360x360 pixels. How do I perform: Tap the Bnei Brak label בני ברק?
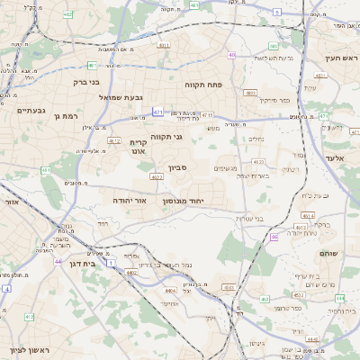87,81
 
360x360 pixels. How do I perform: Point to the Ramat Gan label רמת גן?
67,116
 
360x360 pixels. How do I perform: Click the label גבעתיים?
31,110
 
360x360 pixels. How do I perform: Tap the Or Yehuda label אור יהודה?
130,200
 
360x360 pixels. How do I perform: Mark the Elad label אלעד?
334,157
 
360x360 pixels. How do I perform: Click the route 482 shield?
68,14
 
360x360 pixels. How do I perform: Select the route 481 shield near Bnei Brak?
93,65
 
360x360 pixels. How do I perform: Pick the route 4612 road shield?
114,140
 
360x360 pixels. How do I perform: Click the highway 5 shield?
277,12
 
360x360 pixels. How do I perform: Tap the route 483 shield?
251,93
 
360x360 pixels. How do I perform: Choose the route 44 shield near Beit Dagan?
58,262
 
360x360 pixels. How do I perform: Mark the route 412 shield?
30,317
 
